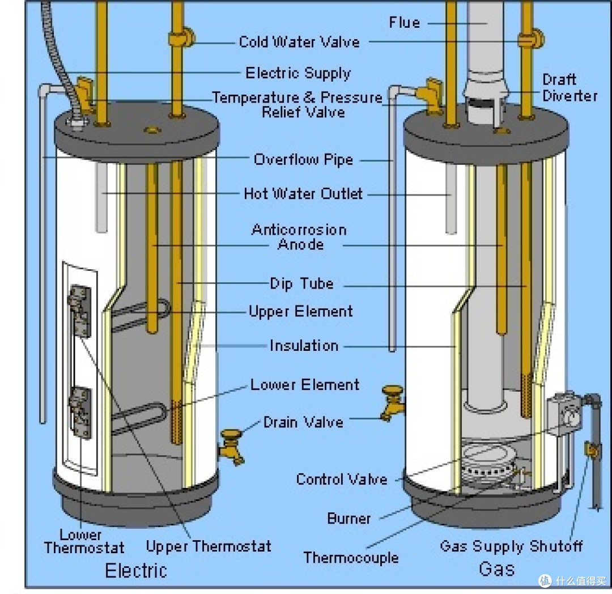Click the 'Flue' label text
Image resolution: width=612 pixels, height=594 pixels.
(405, 23)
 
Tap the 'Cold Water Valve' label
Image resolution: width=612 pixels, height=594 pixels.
(299, 42)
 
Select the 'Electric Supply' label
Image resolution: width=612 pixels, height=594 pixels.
(298, 73)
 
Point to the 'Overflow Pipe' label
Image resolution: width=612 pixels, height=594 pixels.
(303, 159)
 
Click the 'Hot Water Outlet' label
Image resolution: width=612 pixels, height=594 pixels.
(303, 194)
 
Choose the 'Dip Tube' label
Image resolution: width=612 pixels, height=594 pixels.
(301, 284)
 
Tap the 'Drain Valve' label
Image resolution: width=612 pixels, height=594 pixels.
(303, 422)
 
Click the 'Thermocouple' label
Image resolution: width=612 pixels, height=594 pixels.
(351, 558)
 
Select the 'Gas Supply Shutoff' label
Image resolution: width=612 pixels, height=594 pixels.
(511, 546)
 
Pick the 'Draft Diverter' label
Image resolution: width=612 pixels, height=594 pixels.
(569, 88)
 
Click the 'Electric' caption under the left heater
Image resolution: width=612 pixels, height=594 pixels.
(136, 571)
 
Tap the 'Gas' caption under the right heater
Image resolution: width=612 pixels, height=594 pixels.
(496, 568)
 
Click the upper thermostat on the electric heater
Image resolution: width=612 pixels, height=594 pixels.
(80, 311)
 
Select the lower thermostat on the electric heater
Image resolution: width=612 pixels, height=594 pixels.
(80, 413)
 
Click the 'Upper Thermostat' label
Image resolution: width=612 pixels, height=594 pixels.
(209, 546)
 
